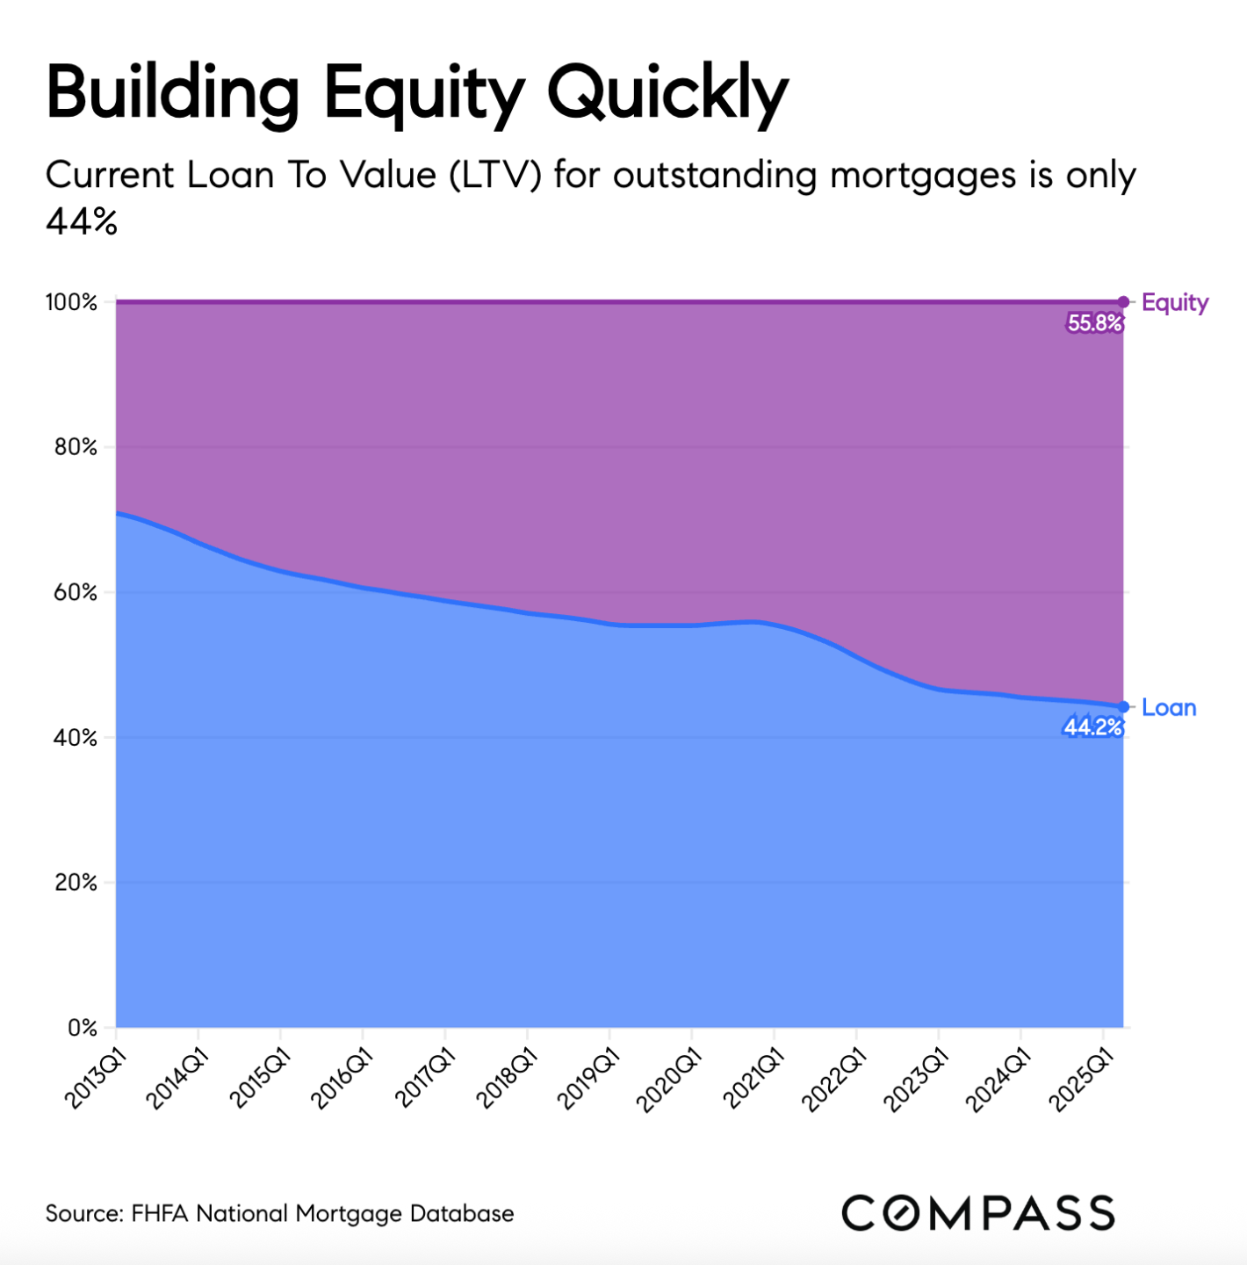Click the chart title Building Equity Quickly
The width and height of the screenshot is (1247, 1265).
tap(417, 92)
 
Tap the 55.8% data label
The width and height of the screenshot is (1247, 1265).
tap(1094, 323)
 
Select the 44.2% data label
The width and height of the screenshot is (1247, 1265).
tap(1092, 727)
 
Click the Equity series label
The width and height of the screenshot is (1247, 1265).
tap(1175, 303)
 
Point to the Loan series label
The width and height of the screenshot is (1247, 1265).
tap(1169, 708)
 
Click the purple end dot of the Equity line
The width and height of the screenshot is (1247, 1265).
tap(1123, 302)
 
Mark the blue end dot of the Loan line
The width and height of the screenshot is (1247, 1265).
tap(1123, 707)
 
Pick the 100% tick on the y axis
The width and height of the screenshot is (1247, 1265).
tap(71, 303)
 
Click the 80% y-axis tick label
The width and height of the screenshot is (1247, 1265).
tap(75, 447)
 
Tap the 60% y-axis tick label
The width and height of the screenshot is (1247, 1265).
tap(75, 592)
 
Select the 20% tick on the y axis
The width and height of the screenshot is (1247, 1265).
tap(75, 882)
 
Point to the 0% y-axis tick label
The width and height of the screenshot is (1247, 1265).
tap(82, 1028)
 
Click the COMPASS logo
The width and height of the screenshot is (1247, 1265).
tap(977, 1213)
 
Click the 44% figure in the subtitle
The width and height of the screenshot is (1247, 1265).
tap(82, 222)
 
